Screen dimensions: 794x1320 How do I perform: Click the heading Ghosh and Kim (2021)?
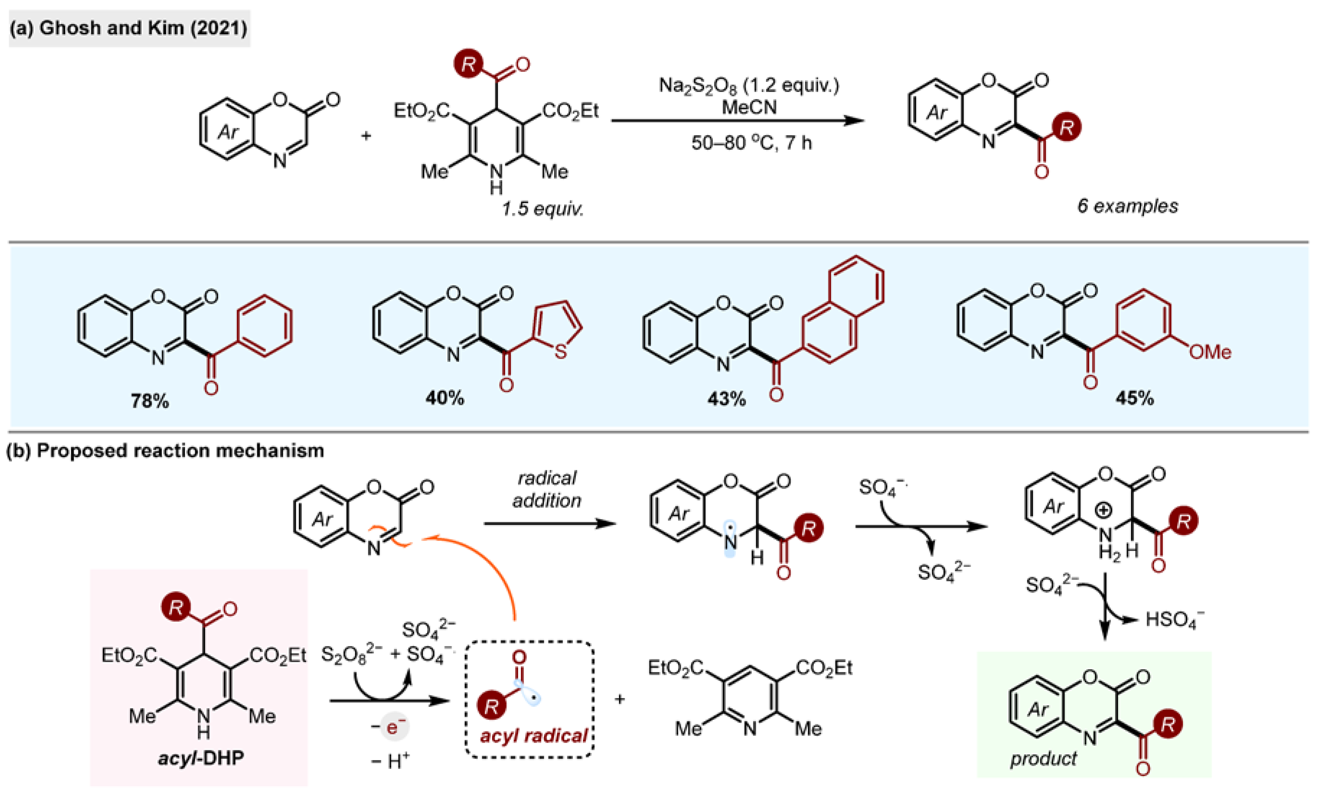[128, 28]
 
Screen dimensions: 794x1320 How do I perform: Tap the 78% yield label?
[150, 401]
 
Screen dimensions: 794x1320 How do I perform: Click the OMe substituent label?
[1210, 352]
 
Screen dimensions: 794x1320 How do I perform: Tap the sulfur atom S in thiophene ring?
[560, 352]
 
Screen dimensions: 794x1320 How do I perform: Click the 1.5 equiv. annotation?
[542, 209]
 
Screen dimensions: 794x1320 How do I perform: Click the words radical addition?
[547, 489]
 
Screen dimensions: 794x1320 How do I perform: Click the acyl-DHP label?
[201, 758]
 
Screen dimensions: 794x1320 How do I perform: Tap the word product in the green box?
[1043, 759]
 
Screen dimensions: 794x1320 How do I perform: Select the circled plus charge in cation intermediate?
[1103, 510]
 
